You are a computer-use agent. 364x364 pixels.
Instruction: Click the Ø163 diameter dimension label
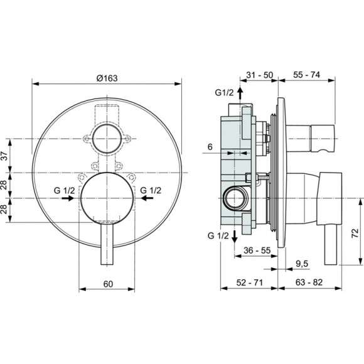click(x=107, y=77)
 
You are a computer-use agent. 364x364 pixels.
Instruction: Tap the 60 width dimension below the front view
click(x=107, y=284)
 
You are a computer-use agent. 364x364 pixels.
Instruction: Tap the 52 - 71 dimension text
click(x=249, y=283)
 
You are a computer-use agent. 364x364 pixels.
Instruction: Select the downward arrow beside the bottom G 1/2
click(x=235, y=236)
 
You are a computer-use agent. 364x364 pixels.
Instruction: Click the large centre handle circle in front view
click(x=107, y=197)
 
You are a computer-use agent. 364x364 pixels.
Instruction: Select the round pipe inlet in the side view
click(x=237, y=199)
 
